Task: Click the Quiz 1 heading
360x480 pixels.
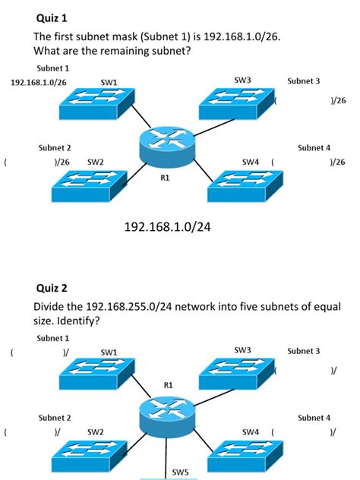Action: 50,17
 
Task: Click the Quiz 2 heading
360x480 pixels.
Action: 52,288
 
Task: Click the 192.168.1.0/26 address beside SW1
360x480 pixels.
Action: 37,81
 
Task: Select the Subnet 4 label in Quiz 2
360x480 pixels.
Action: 314,417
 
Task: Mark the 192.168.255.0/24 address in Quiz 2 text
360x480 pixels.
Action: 122,307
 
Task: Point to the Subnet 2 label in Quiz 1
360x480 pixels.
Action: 55,147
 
